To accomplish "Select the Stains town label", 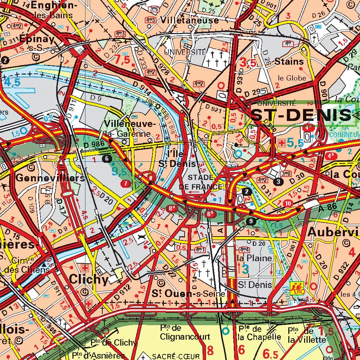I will pyautogui.click(x=289, y=62).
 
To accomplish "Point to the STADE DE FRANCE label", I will pyautogui.click(x=201, y=182).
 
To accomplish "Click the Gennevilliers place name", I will pyautogui.click(x=50, y=178).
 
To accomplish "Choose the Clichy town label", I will pyautogui.click(x=89, y=279).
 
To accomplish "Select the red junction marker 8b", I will pyautogui.click(x=210, y=213).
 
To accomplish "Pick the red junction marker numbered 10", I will pyautogui.click(x=288, y=203).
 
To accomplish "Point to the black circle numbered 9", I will pyautogui.click(x=250, y=221).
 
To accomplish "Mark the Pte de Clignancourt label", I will pyautogui.click(x=176, y=332).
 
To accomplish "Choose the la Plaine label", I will pyautogui.click(x=255, y=258).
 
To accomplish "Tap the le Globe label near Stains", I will pyautogui.click(x=291, y=78).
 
